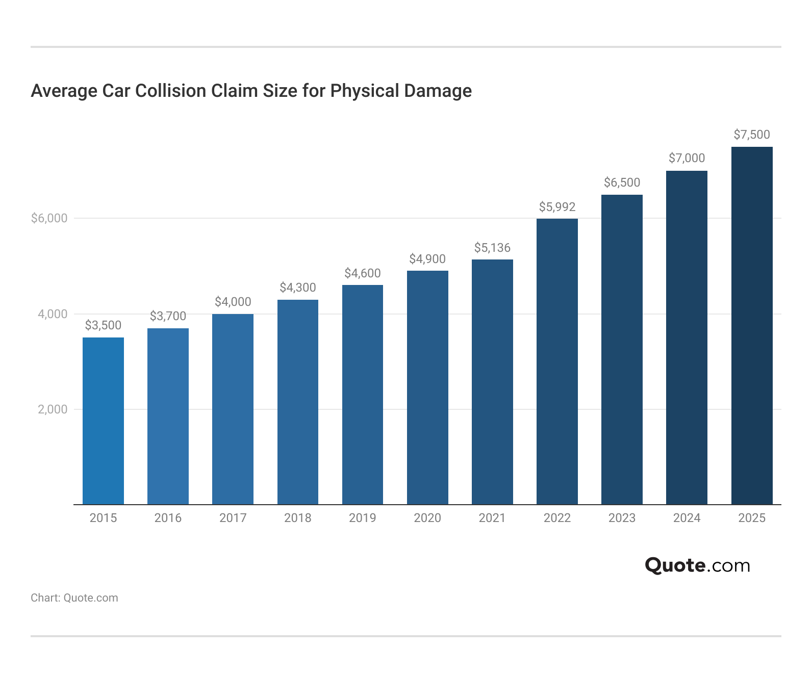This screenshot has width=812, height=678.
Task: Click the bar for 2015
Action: coord(103,421)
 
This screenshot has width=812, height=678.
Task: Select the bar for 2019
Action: coord(363,395)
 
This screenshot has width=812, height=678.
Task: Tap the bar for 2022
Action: coord(557,361)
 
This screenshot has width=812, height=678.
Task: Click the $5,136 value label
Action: coord(492,248)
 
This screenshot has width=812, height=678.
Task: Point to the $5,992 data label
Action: coord(557,207)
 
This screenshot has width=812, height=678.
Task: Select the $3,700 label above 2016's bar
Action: coord(168,316)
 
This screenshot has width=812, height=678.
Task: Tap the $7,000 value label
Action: coord(687,158)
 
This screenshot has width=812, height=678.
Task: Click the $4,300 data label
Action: coord(298,288)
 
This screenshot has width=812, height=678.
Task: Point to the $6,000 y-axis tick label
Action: coord(49,218)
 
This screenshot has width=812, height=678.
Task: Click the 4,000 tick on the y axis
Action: coord(53,314)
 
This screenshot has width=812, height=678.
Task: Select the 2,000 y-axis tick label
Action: coord(53,409)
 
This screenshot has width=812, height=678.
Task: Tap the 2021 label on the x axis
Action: coord(492,518)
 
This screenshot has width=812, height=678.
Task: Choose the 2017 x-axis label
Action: coord(233,518)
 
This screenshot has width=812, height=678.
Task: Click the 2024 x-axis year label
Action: coord(687,518)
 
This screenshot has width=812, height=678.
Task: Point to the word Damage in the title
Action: coord(438,91)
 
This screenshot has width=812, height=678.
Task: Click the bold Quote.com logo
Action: coord(697,565)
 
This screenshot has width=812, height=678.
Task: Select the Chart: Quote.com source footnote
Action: coord(74,598)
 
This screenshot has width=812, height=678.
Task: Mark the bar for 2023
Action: coord(622,349)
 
